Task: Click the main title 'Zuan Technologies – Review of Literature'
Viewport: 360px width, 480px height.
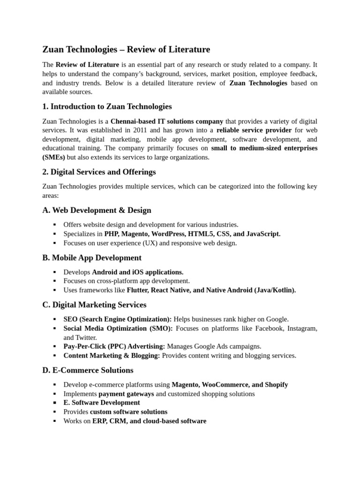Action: click(126, 49)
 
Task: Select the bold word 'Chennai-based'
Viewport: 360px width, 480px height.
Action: click(133, 121)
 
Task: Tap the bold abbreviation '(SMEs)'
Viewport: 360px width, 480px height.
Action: click(54, 157)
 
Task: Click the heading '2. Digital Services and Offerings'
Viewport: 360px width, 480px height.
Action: click(99, 172)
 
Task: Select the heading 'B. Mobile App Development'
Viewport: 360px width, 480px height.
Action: click(92, 257)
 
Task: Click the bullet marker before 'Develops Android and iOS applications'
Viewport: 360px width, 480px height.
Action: click(55, 272)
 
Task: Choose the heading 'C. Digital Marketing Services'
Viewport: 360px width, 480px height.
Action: click(94, 305)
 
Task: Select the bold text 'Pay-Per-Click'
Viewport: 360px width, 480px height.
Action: click(83, 346)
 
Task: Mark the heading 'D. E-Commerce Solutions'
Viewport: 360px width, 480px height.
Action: click(88, 370)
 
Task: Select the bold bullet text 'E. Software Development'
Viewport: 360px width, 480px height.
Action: click(102, 402)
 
